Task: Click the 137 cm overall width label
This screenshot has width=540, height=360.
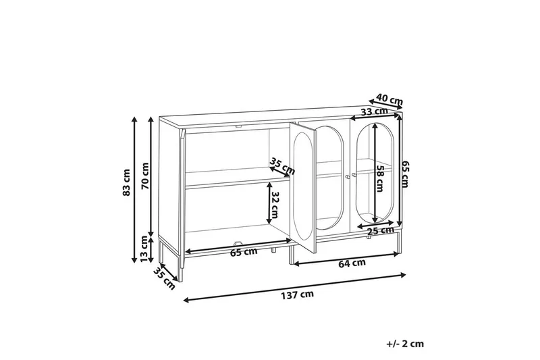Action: [x=298, y=294]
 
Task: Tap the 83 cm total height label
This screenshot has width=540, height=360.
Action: [x=127, y=182]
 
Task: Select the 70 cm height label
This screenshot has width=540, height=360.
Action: [x=145, y=176]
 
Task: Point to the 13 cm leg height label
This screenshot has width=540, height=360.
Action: [x=144, y=249]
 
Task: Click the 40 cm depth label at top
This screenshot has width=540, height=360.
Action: [x=389, y=99]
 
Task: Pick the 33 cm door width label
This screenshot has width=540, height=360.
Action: [x=375, y=111]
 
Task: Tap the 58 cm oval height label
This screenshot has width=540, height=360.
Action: [x=380, y=178]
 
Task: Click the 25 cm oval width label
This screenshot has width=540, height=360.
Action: [x=380, y=230]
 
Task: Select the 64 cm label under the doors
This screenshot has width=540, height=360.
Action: [x=352, y=263]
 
